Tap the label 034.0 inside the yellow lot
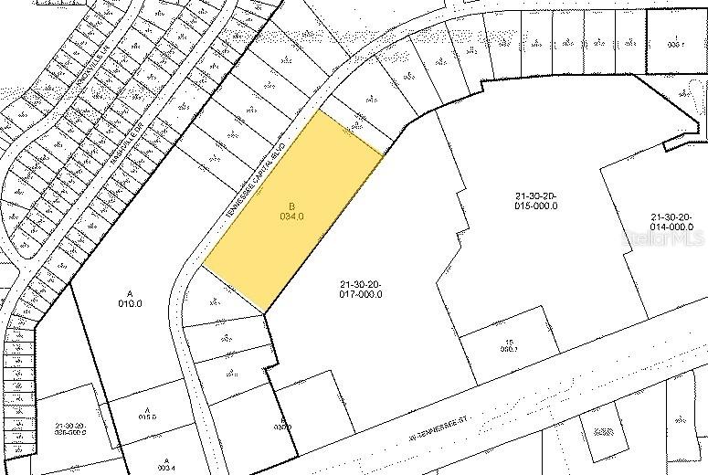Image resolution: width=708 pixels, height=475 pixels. click(291, 216)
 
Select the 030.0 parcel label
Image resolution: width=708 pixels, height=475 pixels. click(283, 424)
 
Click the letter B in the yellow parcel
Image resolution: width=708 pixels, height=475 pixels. click(291, 206)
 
